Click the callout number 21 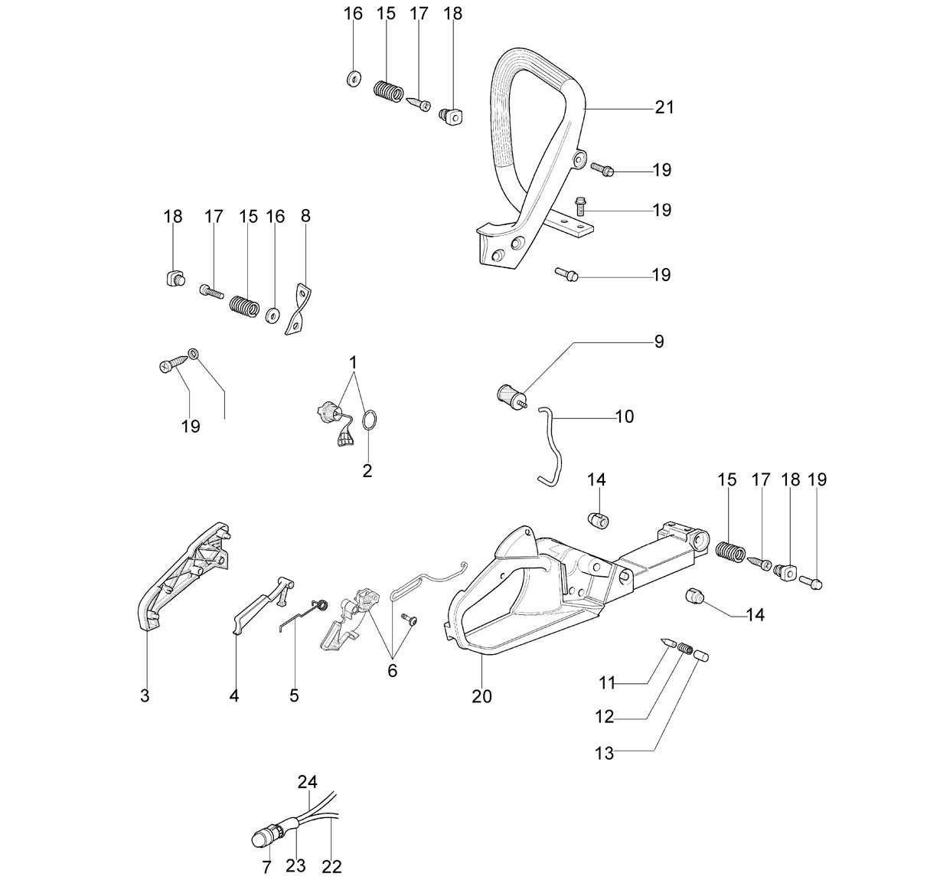coord(664,107)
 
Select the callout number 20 coord(481,696)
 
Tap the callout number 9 coord(659,342)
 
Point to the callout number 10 coord(625,417)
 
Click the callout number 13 coord(604,753)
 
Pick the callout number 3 coord(145,695)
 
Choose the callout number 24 coord(308,782)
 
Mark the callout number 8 coord(305,216)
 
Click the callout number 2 coord(367,471)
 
